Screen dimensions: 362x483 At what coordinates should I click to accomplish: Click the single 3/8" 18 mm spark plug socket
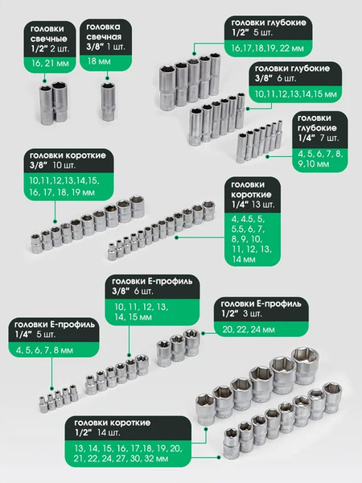[108, 101]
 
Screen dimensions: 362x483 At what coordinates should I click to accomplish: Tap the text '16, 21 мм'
[50, 64]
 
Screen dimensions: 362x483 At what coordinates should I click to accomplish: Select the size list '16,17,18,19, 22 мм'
[268, 48]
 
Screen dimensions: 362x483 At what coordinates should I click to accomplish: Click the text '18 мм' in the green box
[99, 61]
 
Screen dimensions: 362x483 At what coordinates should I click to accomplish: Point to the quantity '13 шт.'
[263, 204]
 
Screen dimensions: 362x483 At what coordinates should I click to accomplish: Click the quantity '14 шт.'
[109, 432]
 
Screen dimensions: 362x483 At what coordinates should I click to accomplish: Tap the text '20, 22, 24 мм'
[249, 329]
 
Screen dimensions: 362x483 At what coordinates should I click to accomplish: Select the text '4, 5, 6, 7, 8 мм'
[44, 350]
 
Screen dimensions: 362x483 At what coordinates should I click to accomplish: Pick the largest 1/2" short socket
[305, 365]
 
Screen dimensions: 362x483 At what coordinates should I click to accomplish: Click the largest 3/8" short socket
[137, 206]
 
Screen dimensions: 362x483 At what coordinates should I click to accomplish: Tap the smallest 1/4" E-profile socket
[43, 404]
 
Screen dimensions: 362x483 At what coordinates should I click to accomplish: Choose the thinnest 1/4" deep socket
[279, 135]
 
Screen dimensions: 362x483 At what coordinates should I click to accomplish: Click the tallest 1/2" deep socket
[215, 74]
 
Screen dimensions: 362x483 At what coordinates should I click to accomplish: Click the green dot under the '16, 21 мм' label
[45, 81]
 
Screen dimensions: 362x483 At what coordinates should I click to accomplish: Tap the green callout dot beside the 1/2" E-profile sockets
[204, 333]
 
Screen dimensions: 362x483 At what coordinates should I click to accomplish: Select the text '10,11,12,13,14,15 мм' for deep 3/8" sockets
[296, 94]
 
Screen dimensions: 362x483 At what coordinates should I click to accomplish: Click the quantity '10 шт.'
[64, 165]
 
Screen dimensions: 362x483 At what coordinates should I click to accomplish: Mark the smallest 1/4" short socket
[112, 252]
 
